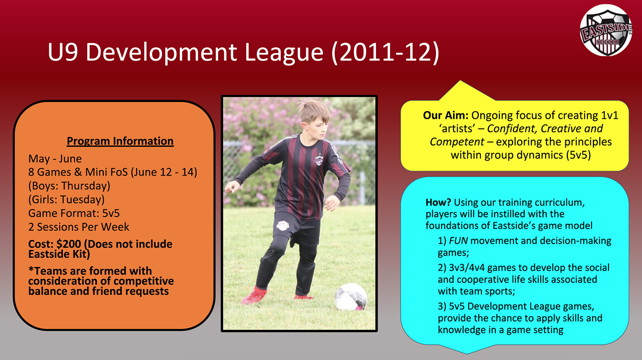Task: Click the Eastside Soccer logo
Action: click(x=606, y=30)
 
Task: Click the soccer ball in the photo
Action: click(x=351, y=297)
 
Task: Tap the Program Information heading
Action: click(x=120, y=141)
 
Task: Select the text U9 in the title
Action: click(x=63, y=52)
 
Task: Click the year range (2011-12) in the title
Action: click(x=385, y=52)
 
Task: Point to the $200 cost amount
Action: click(x=69, y=244)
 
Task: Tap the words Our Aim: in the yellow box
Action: click(x=446, y=115)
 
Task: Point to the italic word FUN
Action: click(x=458, y=241)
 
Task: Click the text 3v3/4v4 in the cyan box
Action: click(x=467, y=268)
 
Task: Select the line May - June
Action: click(x=55, y=159)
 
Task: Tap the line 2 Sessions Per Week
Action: click(x=78, y=227)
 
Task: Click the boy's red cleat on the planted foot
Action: click(x=254, y=296)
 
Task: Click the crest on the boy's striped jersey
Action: click(x=318, y=160)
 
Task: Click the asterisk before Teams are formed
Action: click(x=31, y=270)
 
